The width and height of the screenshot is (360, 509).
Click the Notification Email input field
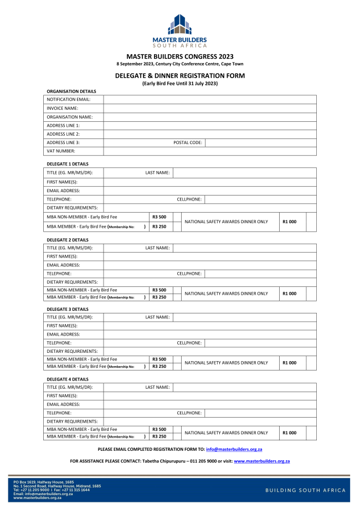click(x=210, y=100)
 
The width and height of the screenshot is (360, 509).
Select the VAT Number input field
click(x=210, y=151)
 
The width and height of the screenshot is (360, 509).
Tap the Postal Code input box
click(x=260, y=142)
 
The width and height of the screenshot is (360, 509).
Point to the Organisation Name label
click(x=70, y=117)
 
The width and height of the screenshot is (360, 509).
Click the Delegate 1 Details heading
click(x=68, y=164)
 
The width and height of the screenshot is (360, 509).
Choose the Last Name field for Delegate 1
click(x=245, y=173)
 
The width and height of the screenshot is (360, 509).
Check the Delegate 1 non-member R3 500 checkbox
click(x=177, y=217)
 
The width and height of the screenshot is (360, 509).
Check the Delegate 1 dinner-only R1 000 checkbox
click(x=311, y=222)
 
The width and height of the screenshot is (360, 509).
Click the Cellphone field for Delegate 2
click(x=260, y=274)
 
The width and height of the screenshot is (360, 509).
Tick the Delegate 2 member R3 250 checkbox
click(x=177, y=297)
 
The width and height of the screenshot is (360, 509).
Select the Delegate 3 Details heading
click(x=68, y=309)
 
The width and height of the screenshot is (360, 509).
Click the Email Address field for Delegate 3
click(x=210, y=335)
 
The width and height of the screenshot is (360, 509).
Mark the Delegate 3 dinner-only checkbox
click(x=311, y=363)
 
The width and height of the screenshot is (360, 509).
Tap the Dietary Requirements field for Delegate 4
click(x=210, y=421)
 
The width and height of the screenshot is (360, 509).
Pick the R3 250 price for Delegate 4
click(x=160, y=436)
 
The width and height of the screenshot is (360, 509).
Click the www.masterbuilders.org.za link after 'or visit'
click(x=262, y=461)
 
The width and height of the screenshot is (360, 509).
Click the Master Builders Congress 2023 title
click(x=180, y=56)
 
